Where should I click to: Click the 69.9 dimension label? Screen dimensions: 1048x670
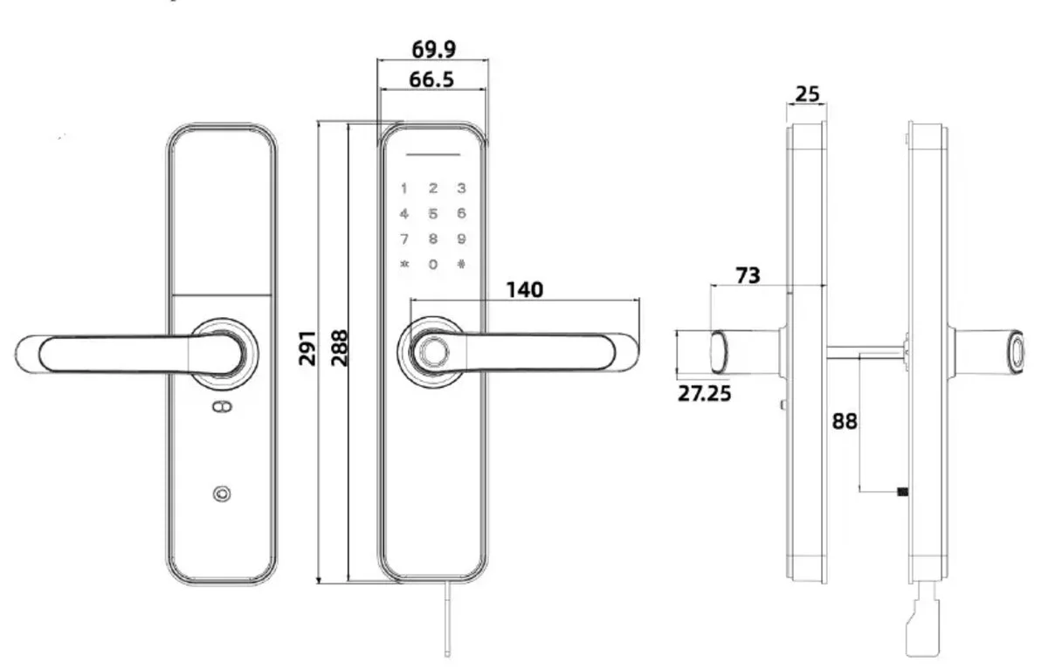pyautogui.click(x=433, y=49)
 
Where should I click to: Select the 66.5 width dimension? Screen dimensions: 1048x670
pyautogui.click(x=431, y=79)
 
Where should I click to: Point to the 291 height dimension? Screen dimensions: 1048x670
pyautogui.click(x=307, y=348)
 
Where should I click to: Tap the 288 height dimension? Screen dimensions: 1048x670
pyautogui.click(x=340, y=348)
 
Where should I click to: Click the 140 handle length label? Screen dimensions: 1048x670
pyautogui.click(x=525, y=290)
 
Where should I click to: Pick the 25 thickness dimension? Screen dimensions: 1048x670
pyautogui.click(x=807, y=94)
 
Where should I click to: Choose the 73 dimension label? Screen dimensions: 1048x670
pyautogui.click(x=748, y=275)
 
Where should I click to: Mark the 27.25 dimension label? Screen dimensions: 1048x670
pyautogui.click(x=704, y=393)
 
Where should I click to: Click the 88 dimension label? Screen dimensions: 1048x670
pyautogui.click(x=845, y=421)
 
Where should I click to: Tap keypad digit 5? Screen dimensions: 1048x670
pyautogui.click(x=433, y=214)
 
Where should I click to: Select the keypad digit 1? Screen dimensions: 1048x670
pyautogui.click(x=403, y=189)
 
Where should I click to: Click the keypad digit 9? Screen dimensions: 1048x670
pyautogui.click(x=461, y=239)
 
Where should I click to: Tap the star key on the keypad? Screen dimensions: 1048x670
pyautogui.click(x=404, y=264)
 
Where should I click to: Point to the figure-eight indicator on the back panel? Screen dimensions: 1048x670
pyautogui.click(x=222, y=406)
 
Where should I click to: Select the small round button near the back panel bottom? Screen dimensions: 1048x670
pyautogui.click(x=222, y=494)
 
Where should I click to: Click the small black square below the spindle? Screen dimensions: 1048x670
pyautogui.click(x=902, y=491)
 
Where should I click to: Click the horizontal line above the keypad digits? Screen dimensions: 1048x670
pyautogui.click(x=433, y=155)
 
